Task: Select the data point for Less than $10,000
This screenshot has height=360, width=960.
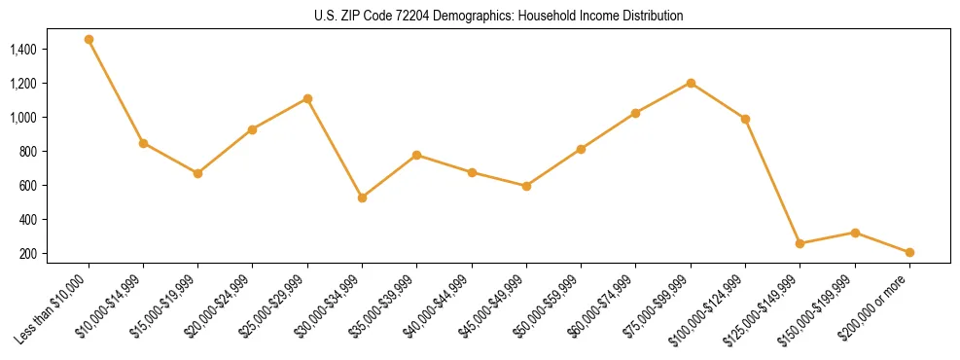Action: [x=89, y=40]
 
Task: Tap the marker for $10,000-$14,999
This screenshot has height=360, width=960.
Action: [x=143, y=143]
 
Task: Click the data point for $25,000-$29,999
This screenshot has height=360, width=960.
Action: [x=307, y=98]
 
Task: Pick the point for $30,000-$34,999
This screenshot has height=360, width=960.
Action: [x=362, y=198]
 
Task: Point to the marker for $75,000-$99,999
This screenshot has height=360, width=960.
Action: [x=691, y=83]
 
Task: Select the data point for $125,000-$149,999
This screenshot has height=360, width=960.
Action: [x=800, y=243]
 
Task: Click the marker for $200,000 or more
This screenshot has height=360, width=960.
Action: [x=909, y=252]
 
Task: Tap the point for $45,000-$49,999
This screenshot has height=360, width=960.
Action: [x=526, y=186]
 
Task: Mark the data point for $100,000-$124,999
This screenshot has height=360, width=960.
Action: [x=745, y=119]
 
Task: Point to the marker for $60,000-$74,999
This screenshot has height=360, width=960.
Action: [x=635, y=113]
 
